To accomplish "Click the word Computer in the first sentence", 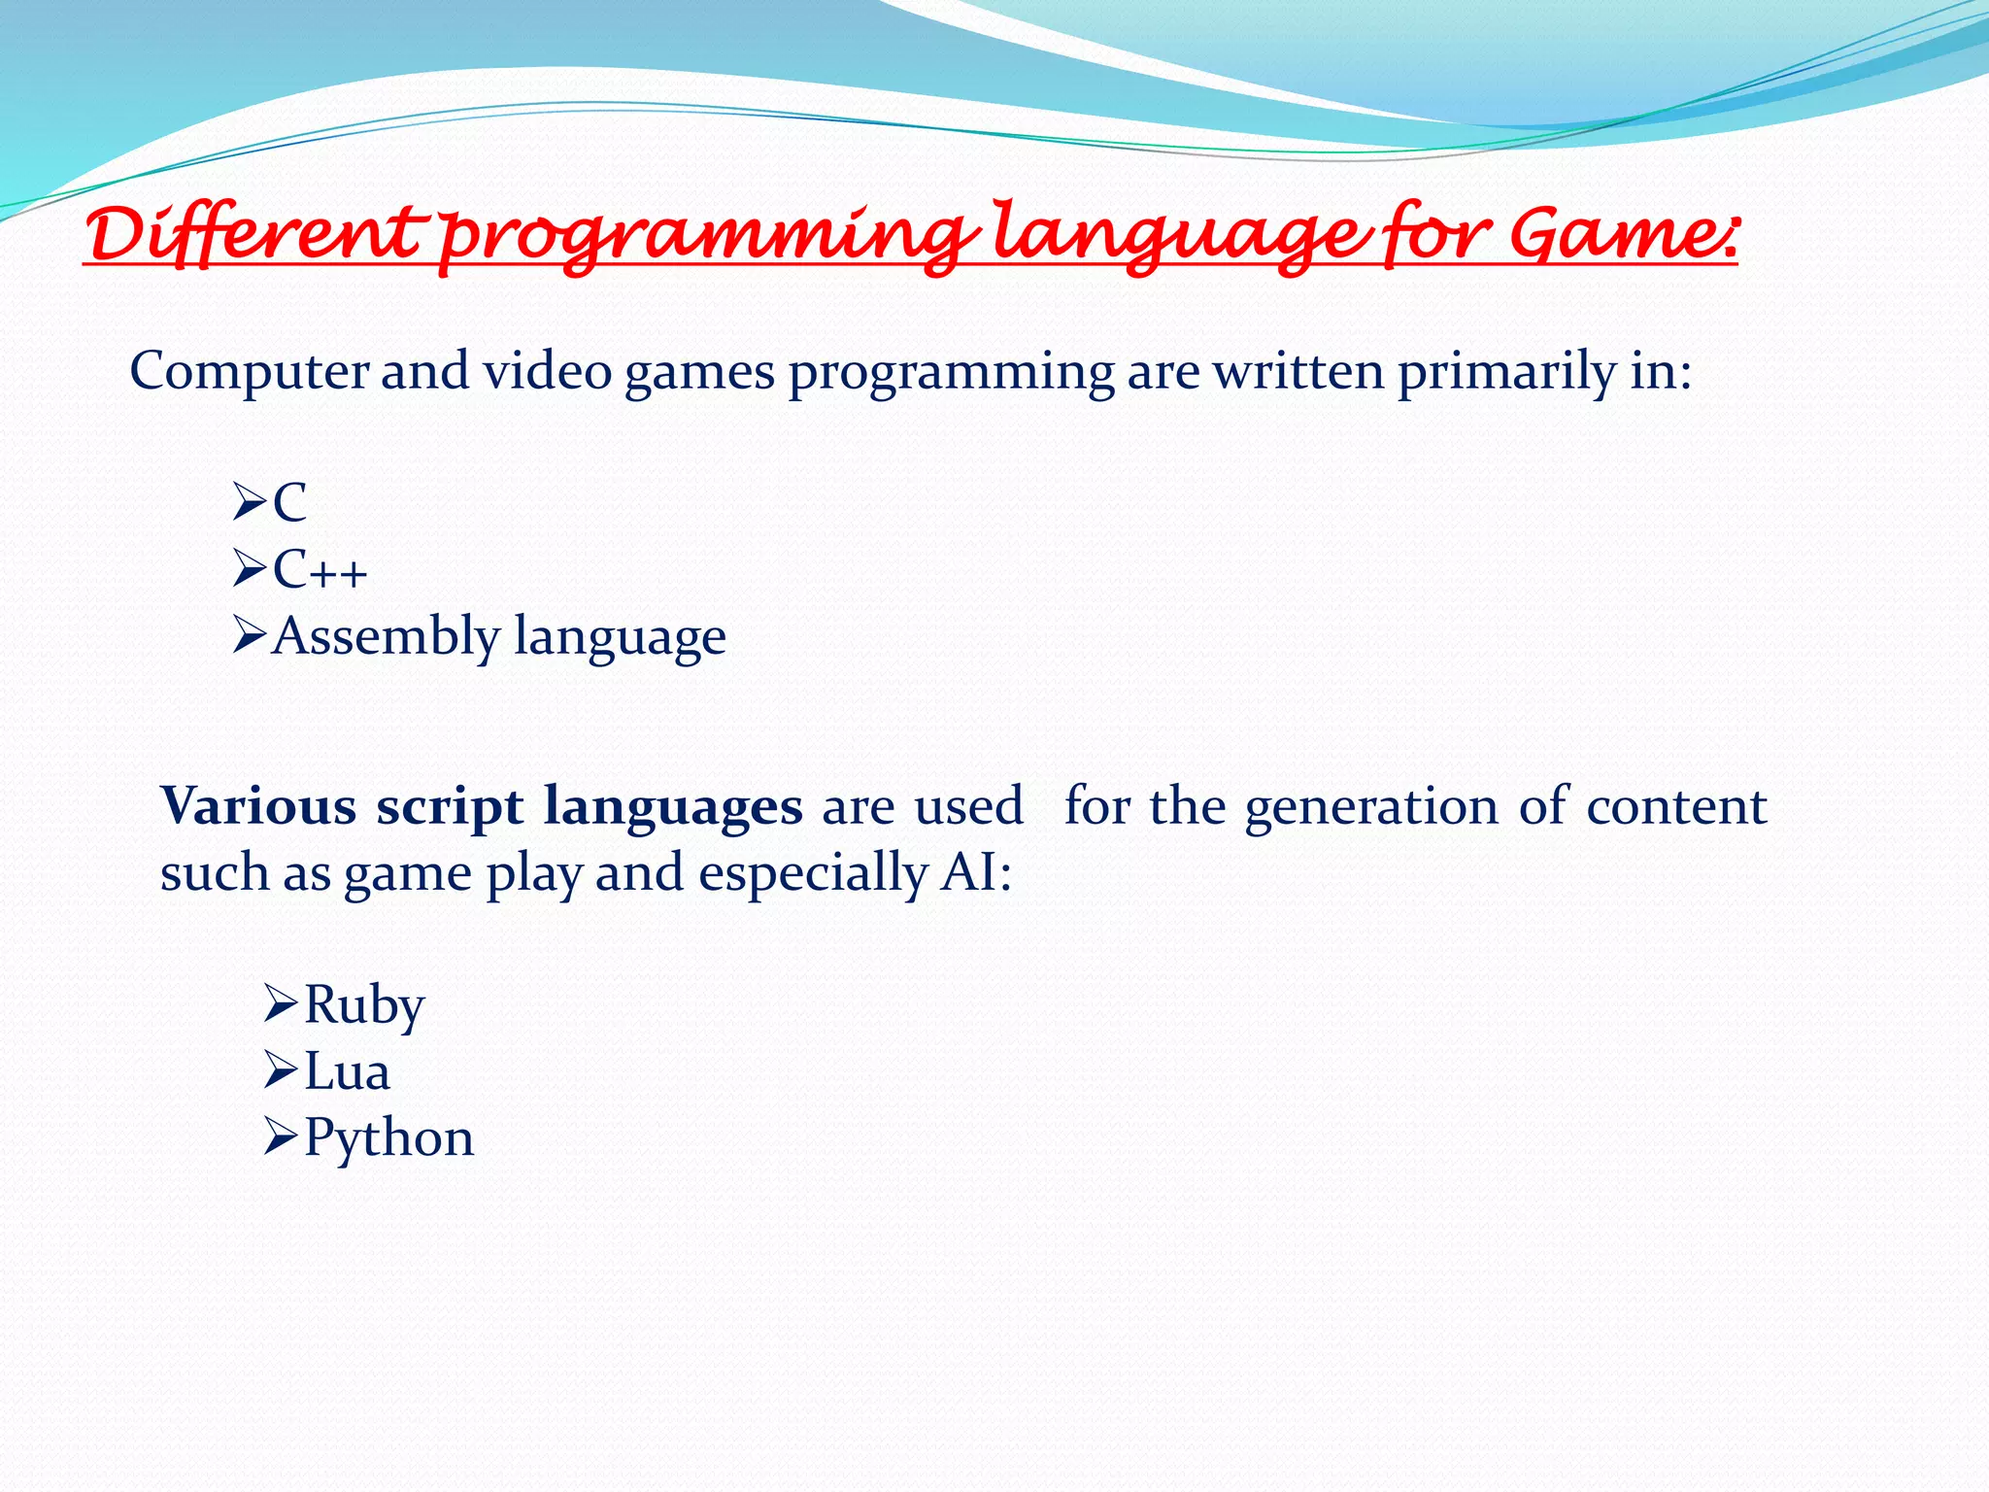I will [250, 372].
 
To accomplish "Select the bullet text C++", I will [320, 570].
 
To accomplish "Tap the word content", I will [1676, 806].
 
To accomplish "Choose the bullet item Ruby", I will [364, 1006].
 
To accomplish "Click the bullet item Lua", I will [347, 1072].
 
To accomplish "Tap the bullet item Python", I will [388, 1139].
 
